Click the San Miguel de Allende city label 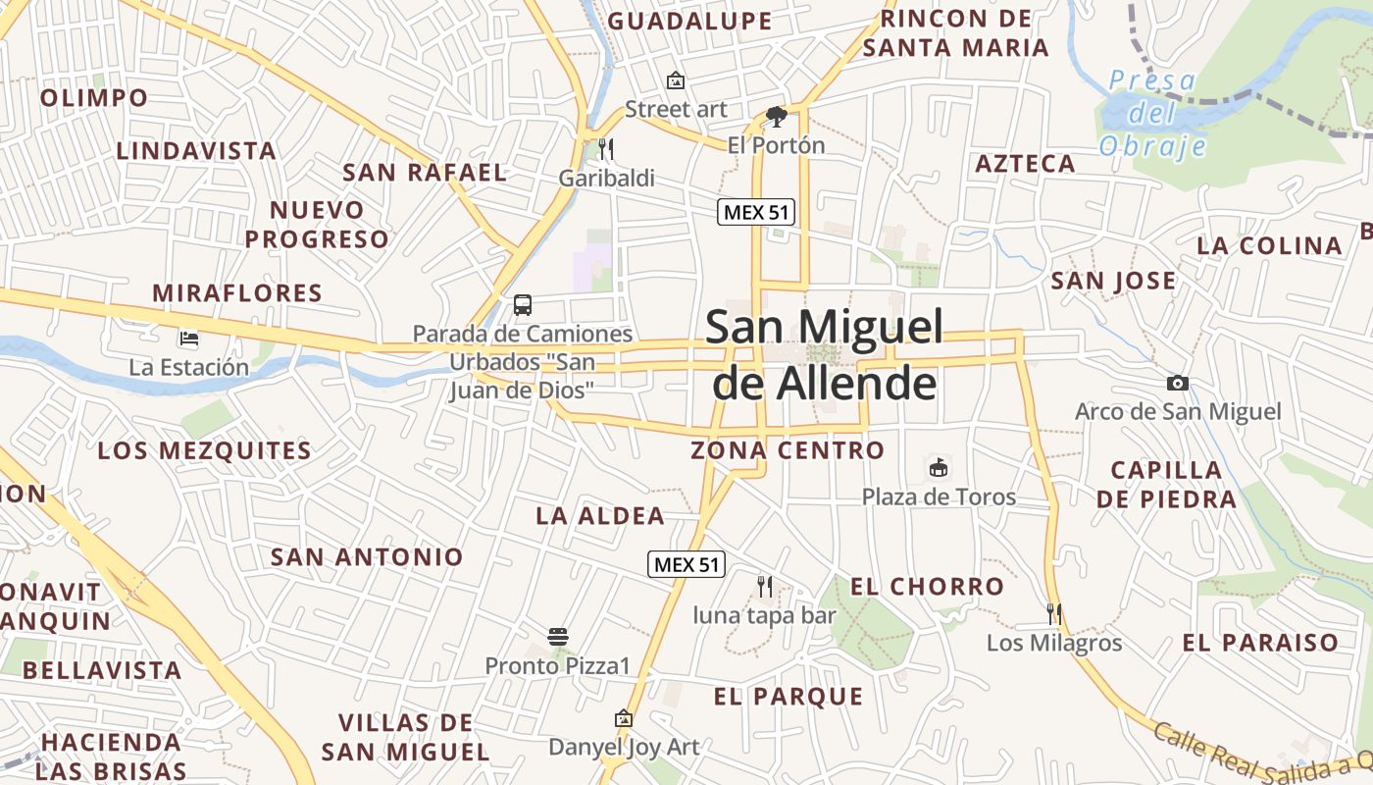[x=824, y=354]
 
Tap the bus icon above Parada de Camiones [x=523, y=304]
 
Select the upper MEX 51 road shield [x=755, y=211]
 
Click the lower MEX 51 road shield [x=686, y=564]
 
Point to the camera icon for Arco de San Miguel [x=1178, y=383]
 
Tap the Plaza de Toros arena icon [x=939, y=467]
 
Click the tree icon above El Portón [x=776, y=118]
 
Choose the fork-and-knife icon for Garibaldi [x=606, y=149]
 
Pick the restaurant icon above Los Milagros [x=1054, y=614]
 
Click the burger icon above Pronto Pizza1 [x=558, y=637]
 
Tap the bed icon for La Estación [x=189, y=339]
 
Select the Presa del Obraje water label [x=1152, y=113]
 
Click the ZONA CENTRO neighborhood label [x=788, y=450]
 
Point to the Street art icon [x=675, y=80]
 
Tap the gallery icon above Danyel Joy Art [x=623, y=719]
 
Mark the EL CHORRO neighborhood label [x=927, y=587]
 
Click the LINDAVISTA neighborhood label [x=196, y=151]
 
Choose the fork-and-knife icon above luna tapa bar [x=765, y=587]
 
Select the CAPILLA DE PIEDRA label [x=1166, y=484]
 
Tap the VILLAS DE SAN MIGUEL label [x=405, y=737]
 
